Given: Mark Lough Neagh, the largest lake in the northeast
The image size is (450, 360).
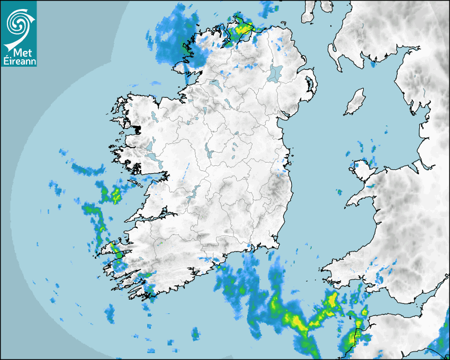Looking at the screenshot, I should click(x=275, y=73).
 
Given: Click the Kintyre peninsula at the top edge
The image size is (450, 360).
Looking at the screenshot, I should click(x=309, y=11).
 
